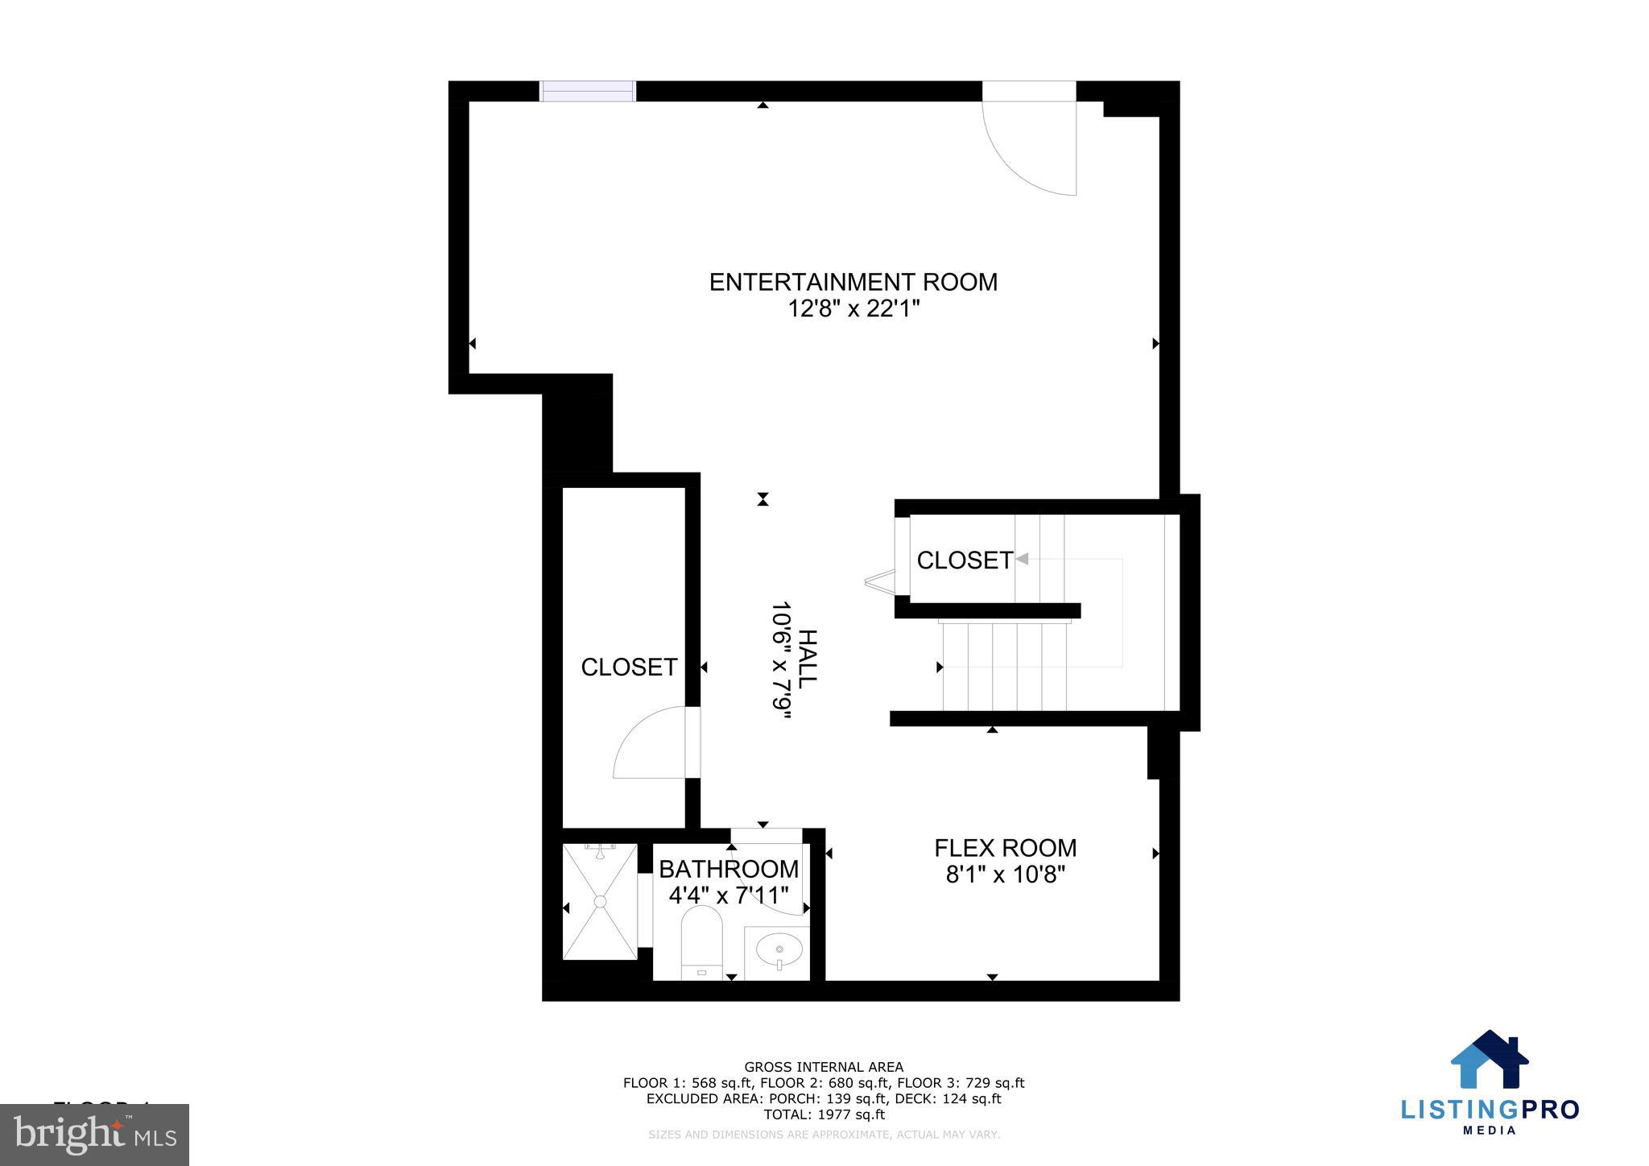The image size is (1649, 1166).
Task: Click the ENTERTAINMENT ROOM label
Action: pos(853,282)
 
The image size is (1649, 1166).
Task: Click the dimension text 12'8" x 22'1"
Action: pos(853,308)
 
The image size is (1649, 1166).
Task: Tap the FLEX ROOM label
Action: pos(1005,848)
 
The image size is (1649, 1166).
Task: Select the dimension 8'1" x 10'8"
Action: pos(1005,874)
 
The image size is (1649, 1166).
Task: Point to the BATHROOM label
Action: pos(728,869)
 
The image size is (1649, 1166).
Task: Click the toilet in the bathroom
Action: pos(701,941)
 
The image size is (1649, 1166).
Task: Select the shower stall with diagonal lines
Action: pos(600,901)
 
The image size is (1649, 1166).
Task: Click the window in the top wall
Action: pos(587,91)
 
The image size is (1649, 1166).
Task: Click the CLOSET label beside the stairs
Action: pos(964,560)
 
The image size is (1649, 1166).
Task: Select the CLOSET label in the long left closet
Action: pos(629,667)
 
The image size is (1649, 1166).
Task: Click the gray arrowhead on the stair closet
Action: pos(1022,558)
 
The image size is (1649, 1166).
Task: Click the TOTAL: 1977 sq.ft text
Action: pos(823,1114)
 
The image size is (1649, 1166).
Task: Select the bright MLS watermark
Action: pos(94,1135)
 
